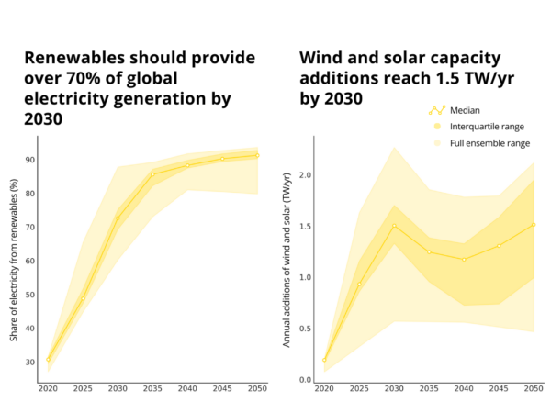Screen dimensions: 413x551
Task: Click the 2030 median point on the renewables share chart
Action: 118,218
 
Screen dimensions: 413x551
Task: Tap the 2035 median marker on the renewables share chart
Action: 152,174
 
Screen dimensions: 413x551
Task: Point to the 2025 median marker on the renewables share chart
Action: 84,298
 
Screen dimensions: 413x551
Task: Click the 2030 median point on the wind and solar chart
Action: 394,226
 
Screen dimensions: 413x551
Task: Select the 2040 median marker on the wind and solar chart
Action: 463,259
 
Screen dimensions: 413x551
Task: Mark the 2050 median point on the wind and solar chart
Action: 533,225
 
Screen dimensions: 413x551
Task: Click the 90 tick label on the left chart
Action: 30,160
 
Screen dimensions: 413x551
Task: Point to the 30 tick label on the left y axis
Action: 30,362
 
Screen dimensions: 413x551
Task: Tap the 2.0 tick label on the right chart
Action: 305,174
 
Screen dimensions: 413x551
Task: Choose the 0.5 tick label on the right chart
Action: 305,329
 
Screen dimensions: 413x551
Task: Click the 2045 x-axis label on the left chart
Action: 222,389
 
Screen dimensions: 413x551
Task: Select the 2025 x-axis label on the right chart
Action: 359,389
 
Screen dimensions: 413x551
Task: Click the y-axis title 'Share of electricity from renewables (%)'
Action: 14,260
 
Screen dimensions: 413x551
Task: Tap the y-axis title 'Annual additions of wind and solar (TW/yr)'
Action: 288,260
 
